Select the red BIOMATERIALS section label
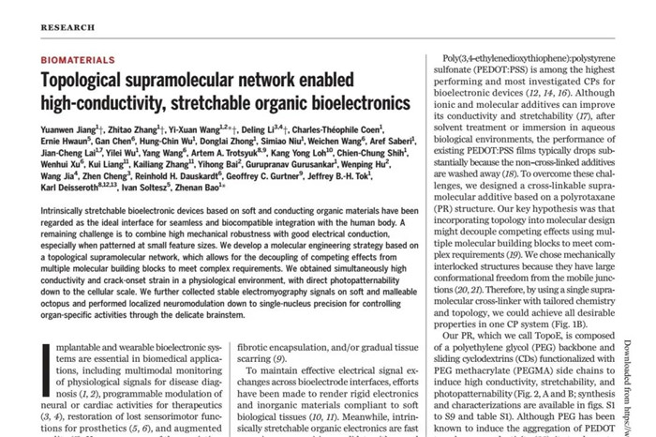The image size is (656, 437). [80, 60]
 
